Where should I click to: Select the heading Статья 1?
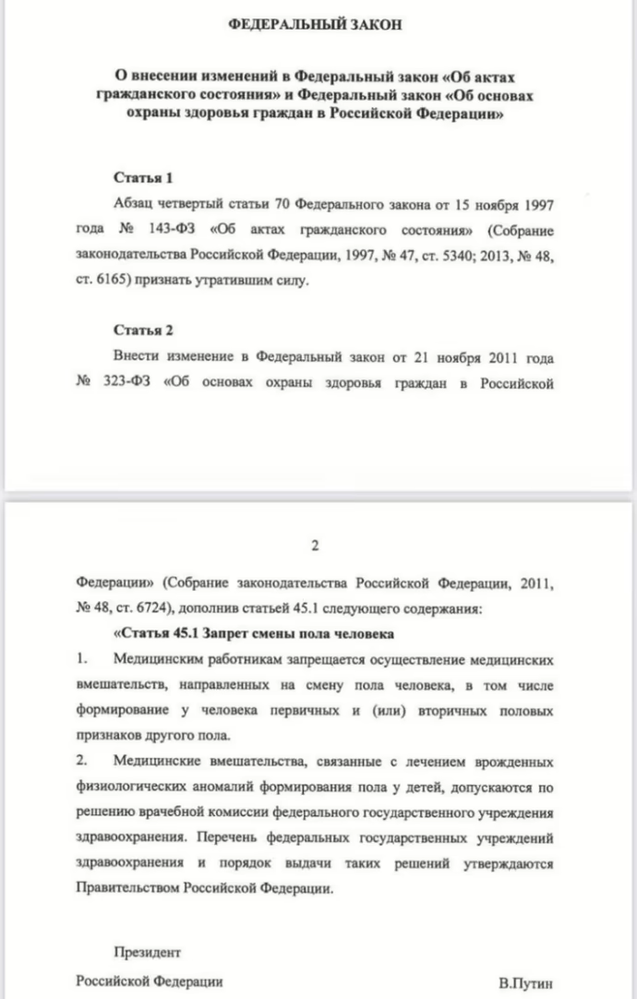pos(142,176)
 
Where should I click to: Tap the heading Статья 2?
pos(142,330)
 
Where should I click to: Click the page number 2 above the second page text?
pos(315,546)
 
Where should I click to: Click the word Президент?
pos(147,951)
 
